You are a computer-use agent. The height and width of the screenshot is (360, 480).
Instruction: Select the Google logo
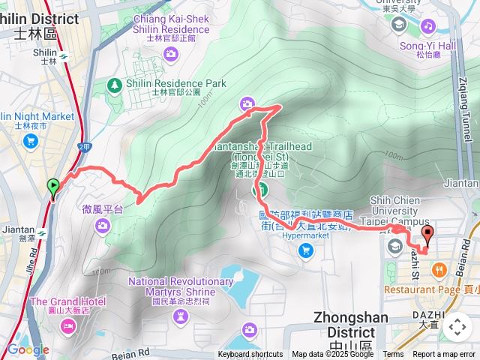(x=28, y=349)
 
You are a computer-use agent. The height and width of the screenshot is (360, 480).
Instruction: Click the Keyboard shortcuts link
(x=250, y=355)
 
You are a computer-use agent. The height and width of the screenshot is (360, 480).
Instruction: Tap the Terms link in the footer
(x=393, y=355)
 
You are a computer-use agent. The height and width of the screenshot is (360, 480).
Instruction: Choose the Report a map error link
(x=445, y=355)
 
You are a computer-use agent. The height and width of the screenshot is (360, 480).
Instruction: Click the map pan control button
(x=457, y=328)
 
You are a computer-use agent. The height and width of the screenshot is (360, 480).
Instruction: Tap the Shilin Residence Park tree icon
(x=114, y=84)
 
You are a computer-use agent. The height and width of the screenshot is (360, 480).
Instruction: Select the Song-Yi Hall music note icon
(x=427, y=26)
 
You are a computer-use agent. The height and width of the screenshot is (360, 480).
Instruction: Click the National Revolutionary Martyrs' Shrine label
(x=181, y=286)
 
